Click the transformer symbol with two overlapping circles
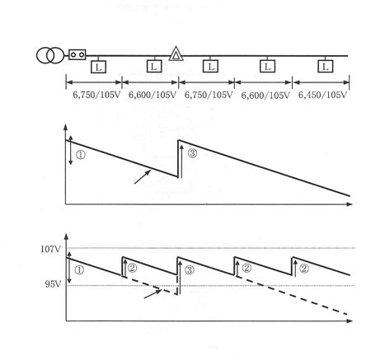click(x=50, y=55)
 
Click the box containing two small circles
click(x=77, y=54)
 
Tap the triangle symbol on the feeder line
click(x=176, y=54)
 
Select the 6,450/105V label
click(x=322, y=95)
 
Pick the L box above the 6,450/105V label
click(x=326, y=67)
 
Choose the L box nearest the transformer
click(x=98, y=67)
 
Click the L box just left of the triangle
click(x=154, y=66)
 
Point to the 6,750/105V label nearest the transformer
click(x=96, y=95)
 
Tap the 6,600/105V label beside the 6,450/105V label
click(x=265, y=96)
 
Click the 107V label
click(x=51, y=249)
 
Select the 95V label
click(x=53, y=284)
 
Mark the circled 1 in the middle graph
click(x=81, y=155)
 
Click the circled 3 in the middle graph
click(x=192, y=153)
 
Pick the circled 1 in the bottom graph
click(x=79, y=270)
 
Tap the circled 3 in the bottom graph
click(x=189, y=270)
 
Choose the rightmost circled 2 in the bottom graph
click(x=303, y=269)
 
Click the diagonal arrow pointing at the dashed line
click(x=153, y=294)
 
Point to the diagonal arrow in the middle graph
click(x=143, y=176)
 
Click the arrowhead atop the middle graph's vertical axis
click(x=65, y=127)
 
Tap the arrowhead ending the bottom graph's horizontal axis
click(x=350, y=320)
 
